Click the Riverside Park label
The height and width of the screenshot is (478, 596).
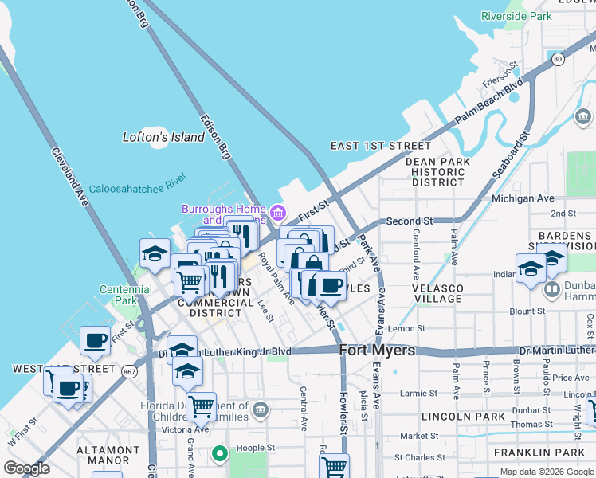[516, 16]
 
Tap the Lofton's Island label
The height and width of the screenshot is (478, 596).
[163, 137]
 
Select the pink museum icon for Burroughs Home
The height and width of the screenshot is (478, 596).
[277, 213]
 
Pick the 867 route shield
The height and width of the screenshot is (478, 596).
[130, 370]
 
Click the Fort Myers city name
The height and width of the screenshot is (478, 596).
[378, 351]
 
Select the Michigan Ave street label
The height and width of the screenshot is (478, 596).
[523, 198]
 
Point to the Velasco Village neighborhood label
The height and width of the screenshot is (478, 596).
[437, 293]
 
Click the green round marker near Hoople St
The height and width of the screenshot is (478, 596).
[220, 454]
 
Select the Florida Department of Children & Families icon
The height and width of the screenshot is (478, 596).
[261, 411]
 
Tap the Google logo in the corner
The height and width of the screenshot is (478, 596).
[27, 468]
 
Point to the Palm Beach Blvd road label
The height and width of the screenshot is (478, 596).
[488, 100]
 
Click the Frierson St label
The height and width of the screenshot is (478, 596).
[502, 76]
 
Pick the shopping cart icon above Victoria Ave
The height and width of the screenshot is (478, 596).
[201, 406]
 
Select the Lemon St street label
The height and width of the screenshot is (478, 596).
[406, 328]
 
